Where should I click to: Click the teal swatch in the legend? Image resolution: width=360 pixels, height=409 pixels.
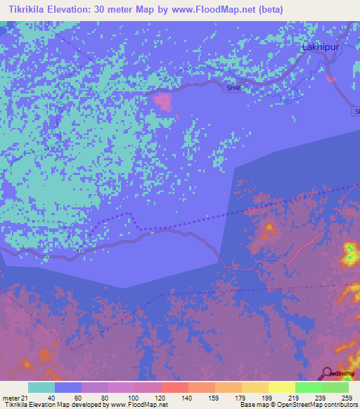point(41,387)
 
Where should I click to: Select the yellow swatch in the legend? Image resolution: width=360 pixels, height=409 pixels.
point(281,387)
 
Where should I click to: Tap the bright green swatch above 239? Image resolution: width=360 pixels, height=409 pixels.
point(308,387)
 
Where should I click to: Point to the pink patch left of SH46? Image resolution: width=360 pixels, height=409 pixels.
point(164,101)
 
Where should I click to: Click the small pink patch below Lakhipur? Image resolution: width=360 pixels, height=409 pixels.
point(330,77)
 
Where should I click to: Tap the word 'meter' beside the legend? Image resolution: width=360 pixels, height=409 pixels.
point(9,397)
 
